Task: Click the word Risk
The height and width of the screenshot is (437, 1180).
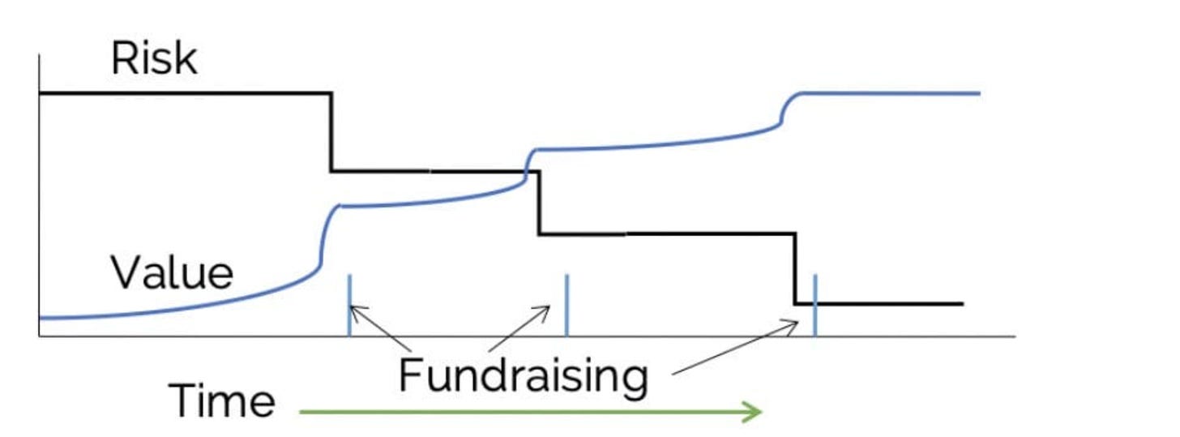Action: pyautogui.click(x=154, y=59)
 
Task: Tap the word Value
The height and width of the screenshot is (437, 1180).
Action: pyautogui.click(x=172, y=273)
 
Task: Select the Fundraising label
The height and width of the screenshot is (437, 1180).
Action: pyautogui.click(x=524, y=375)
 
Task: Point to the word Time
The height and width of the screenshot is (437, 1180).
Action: pyautogui.click(x=222, y=401)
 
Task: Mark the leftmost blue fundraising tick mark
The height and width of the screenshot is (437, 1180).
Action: pyautogui.click(x=349, y=306)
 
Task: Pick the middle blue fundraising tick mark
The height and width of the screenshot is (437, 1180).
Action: pyautogui.click(x=566, y=306)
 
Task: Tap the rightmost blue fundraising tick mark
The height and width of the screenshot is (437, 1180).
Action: pyautogui.click(x=814, y=306)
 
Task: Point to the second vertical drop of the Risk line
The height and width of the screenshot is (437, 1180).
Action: pyautogui.click(x=539, y=203)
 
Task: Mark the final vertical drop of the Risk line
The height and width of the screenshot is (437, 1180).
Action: pyautogui.click(x=795, y=268)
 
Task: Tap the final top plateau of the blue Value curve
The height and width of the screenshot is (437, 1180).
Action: pyautogui.click(x=891, y=93)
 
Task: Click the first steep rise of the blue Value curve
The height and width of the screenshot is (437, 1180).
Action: pyautogui.click(x=324, y=239)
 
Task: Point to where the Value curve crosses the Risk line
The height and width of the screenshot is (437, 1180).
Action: pyautogui.click(x=526, y=171)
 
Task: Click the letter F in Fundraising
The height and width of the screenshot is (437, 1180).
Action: pyautogui.click(x=412, y=375)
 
